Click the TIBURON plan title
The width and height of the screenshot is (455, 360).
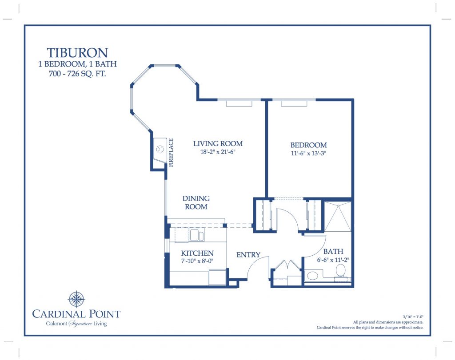[x=77, y=53]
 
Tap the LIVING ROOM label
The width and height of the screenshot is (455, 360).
[x=218, y=143]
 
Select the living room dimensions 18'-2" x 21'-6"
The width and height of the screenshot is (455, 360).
[x=218, y=152]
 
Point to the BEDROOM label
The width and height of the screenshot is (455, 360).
[x=308, y=145]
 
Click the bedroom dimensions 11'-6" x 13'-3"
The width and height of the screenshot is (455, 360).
[x=308, y=153]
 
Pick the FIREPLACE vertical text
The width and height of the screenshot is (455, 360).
[x=171, y=152]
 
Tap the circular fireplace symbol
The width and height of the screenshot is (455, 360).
[x=160, y=149]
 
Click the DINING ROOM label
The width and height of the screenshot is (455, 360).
[x=196, y=202]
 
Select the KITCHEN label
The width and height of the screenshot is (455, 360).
[x=197, y=253]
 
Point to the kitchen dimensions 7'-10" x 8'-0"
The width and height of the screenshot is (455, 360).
[x=197, y=261]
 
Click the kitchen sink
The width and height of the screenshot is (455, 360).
[x=197, y=235]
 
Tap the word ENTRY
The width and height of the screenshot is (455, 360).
[x=248, y=255]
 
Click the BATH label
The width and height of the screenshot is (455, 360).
[x=333, y=251]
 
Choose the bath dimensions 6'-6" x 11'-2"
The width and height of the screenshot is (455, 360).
[x=333, y=260]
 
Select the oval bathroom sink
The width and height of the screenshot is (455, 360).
[x=312, y=275]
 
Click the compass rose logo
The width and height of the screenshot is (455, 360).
[x=76, y=299]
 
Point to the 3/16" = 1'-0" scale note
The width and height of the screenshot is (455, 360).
[x=413, y=317]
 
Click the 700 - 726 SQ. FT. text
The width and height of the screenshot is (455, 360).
[x=77, y=74]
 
